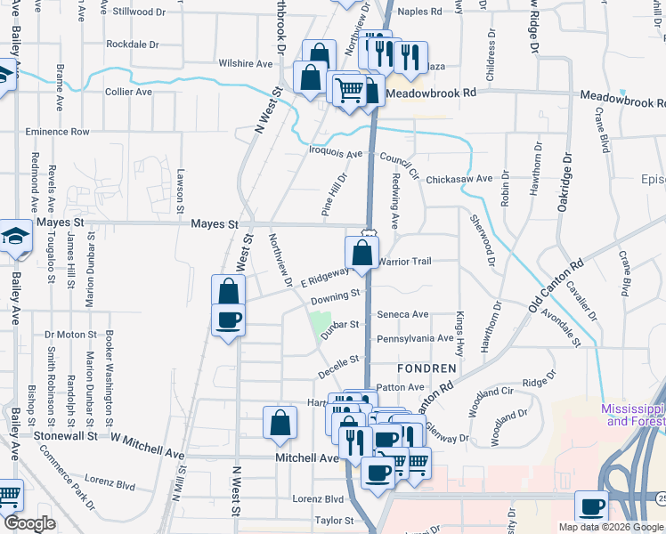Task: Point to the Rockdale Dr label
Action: pos(132,44)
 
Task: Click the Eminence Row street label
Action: pos(57,132)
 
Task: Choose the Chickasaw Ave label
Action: pos(459,179)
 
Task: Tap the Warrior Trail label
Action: pos(405,262)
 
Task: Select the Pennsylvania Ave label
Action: pos(415,339)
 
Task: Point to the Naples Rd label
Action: pos(419,12)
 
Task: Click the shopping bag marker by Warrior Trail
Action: pos(362,254)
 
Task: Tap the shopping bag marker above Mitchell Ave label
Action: pos(280,424)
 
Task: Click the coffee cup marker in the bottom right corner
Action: pos(591,507)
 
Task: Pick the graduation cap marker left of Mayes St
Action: pos(16,237)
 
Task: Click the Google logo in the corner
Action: pos(29,524)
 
